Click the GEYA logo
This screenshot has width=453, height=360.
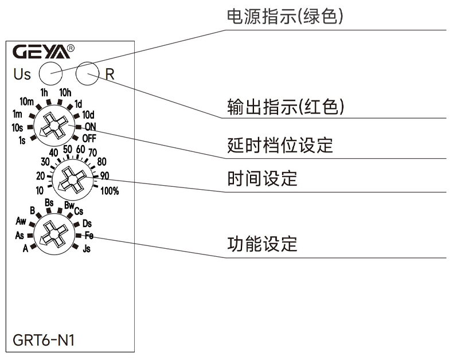[43, 52]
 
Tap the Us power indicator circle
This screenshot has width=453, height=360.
[50, 73]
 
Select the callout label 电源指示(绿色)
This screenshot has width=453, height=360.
[285, 17]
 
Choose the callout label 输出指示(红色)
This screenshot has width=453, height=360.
[285, 107]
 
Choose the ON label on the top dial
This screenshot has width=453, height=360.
[90, 126]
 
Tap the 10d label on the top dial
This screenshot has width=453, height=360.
[88, 115]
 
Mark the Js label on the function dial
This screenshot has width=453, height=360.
[87, 249]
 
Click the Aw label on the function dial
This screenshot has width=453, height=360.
[21, 221]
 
